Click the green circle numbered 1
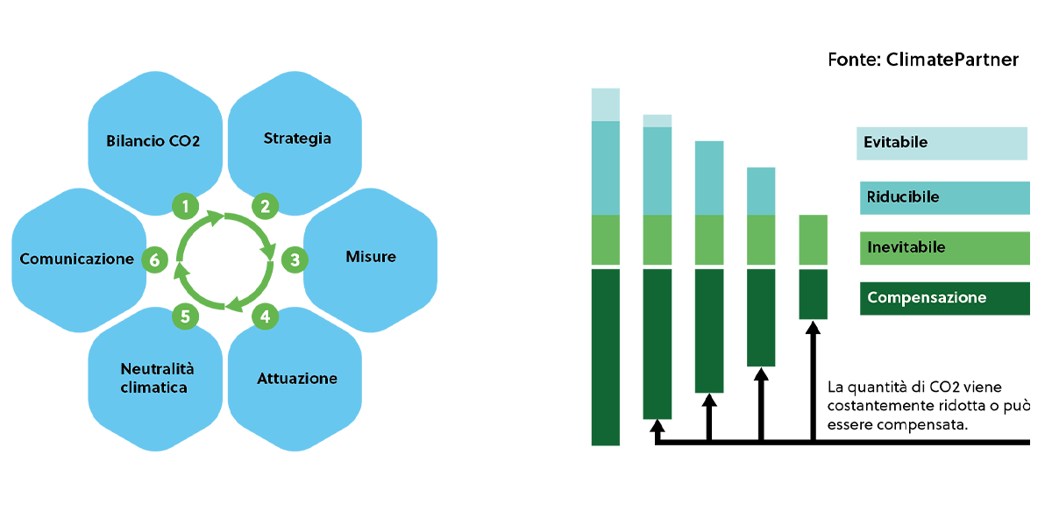pyautogui.click(x=186, y=206)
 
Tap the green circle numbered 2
pyautogui.click(x=266, y=206)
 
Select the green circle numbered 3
pyautogui.click(x=295, y=259)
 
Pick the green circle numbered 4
pyautogui.click(x=266, y=316)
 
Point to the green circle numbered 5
pyautogui.click(x=186, y=316)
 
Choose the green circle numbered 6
pyautogui.click(x=154, y=259)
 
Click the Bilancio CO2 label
pyautogui.click(x=153, y=141)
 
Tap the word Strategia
pyautogui.click(x=297, y=139)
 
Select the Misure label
pyautogui.click(x=371, y=256)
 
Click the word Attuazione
pyautogui.click(x=297, y=378)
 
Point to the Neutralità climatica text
pyautogui.click(x=157, y=378)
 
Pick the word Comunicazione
pyautogui.click(x=77, y=259)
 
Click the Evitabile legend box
pyautogui.click(x=942, y=143)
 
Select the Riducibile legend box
pyautogui.click(x=945, y=198)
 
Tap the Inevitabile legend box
pyautogui.click(x=945, y=248)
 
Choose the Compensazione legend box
pyautogui.click(x=945, y=298)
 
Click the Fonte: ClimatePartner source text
pyautogui.click(x=923, y=60)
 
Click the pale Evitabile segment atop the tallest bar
pyautogui.click(x=606, y=104)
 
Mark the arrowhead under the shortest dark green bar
pyautogui.click(x=813, y=328)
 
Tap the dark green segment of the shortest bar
pyautogui.click(x=813, y=294)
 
